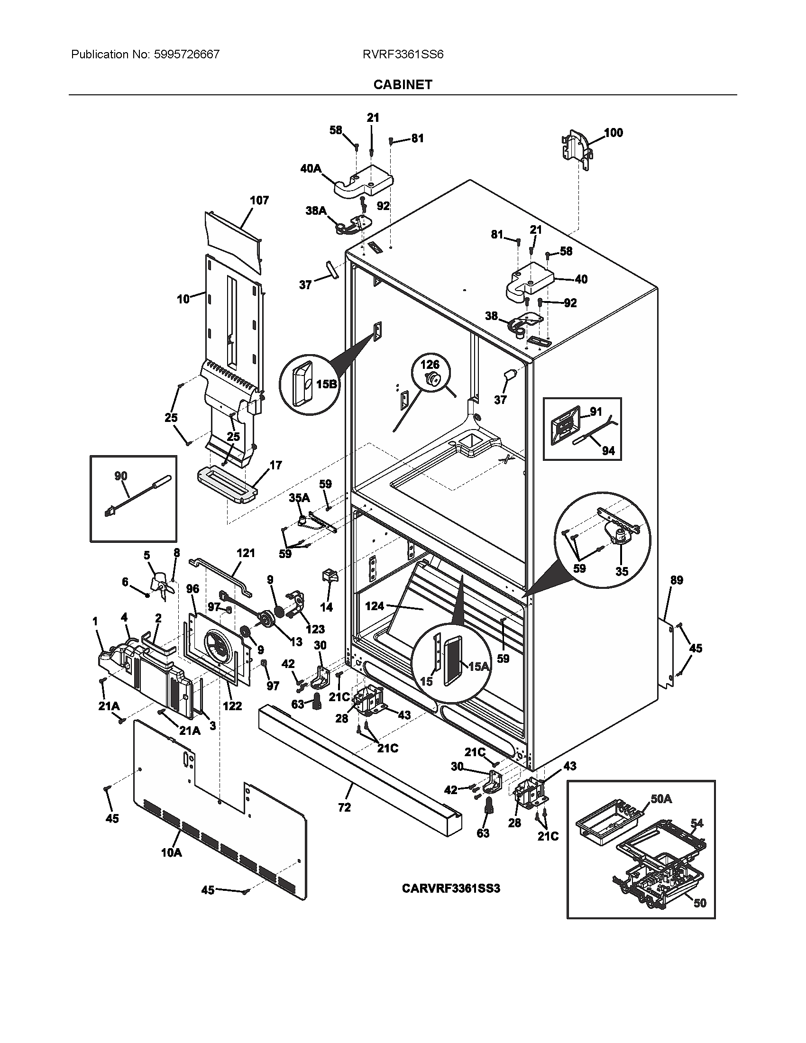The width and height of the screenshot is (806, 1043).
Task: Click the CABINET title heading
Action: pos(403,84)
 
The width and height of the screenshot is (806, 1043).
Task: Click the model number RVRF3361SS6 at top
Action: pos(403,55)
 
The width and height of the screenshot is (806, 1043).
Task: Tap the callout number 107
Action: pos(259,201)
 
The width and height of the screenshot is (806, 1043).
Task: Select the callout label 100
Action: pos(614,133)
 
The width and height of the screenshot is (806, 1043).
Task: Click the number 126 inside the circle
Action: pos(430,365)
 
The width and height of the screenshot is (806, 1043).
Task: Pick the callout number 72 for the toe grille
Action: pos(344,807)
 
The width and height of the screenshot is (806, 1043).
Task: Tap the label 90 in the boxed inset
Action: pos(121,476)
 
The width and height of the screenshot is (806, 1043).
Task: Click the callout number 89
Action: pos(677,580)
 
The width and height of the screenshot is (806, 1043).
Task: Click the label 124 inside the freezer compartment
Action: pos(375,606)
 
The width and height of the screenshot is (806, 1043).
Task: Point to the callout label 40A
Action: pos(311,169)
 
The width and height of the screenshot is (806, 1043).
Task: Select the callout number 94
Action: pos(608,450)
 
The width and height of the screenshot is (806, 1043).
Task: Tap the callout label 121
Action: pos(246,553)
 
